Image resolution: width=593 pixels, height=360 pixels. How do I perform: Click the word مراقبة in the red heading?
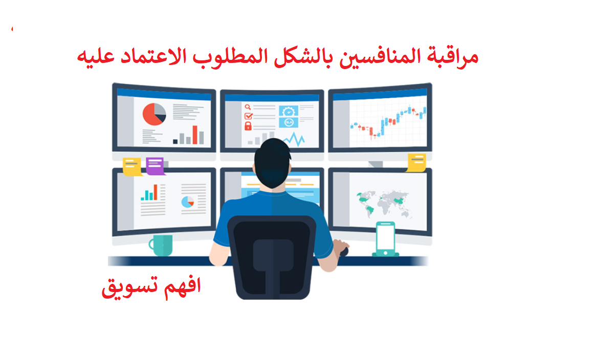click(452, 57)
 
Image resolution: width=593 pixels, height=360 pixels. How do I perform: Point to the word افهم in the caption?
click(182, 285)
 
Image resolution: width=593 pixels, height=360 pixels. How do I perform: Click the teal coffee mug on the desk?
click(161, 245)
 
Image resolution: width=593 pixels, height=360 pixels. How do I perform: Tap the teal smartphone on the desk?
click(385, 239)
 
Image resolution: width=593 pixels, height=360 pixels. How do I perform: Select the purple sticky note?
click(155, 166)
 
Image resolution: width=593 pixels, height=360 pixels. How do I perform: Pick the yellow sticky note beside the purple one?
click(132, 166)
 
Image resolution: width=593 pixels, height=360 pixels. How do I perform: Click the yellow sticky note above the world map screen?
click(416, 162)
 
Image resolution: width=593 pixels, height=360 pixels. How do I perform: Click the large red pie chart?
click(154, 114)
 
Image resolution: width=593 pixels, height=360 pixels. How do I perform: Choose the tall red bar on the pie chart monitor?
click(195, 134)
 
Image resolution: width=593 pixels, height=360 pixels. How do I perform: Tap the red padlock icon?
click(248, 126)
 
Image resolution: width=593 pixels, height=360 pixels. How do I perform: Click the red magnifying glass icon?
click(248, 107)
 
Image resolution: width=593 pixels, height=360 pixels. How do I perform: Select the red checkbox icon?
click(249, 116)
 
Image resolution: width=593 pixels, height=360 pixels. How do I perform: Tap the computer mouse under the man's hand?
click(343, 251)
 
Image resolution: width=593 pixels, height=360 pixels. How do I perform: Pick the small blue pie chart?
click(188, 202)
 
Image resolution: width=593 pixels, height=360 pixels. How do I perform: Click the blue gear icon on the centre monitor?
click(289, 111)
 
